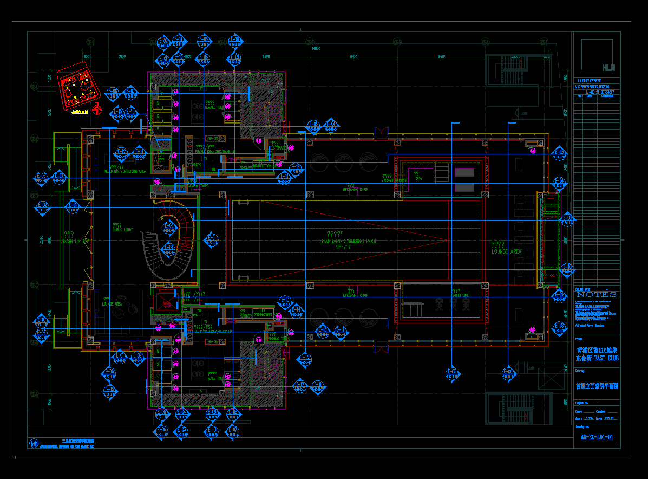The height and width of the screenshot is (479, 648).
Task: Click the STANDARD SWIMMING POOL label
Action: (x=348, y=241)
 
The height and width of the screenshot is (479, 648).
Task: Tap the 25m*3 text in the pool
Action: (x=343, y=248)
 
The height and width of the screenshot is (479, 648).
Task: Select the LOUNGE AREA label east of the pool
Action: (x=506, y=251)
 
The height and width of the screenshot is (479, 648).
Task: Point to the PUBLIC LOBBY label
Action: (x=122, y=230)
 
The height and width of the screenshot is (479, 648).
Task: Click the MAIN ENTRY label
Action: (x=75, y=241)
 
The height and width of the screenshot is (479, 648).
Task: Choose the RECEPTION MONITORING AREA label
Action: (x=125, y=171)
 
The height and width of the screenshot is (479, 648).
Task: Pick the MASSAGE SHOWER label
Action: (x=394, y=180)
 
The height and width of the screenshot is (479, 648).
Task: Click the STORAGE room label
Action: (x=279, y=147)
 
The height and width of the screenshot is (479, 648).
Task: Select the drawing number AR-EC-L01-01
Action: (x=597, y=437)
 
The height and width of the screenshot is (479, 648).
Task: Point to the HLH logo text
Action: (x=608, y=68)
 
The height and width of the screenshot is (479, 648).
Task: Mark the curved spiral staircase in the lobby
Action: (x=168, y=247)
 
